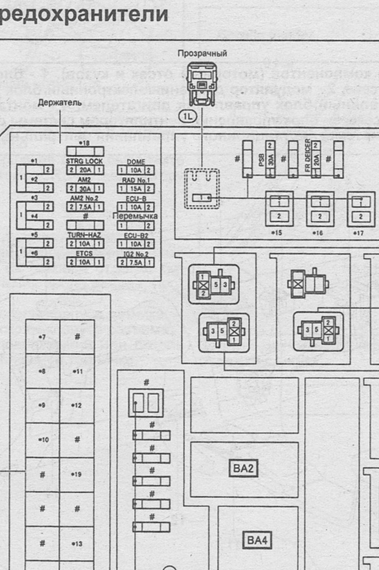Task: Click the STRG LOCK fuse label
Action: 84,161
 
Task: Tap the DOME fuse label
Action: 136,162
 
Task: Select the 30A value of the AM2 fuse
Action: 85,188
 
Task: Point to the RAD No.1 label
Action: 136,180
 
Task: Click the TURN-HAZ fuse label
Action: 84,235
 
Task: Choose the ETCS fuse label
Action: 84,253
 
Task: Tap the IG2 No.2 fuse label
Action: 136,254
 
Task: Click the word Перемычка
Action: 135,216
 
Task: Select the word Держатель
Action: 60,103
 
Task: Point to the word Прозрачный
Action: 202,54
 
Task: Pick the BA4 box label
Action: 257,540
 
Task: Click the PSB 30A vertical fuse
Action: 270,159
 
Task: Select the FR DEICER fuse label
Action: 308,155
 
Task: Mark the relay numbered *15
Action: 279,209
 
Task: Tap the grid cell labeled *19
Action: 77,474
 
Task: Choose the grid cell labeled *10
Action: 43,440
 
